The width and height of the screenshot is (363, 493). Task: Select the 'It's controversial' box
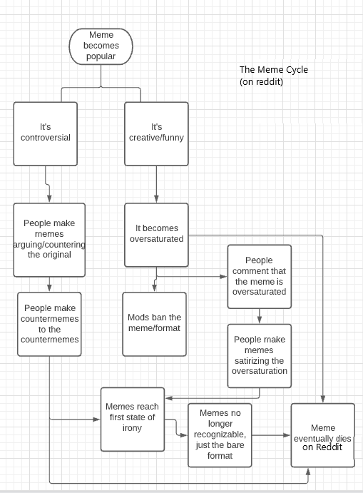[x=45, y=133]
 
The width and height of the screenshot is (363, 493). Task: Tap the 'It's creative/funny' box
[x=156, y=133]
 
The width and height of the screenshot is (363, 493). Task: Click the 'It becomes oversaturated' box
[x=156, y=233]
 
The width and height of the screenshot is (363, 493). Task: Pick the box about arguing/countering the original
[x=48, y=239]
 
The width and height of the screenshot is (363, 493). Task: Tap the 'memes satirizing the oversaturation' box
[x=260, y=355]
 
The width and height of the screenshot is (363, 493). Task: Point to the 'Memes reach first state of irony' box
[x=133, y=419]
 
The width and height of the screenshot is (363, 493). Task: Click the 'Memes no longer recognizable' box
[x=220, y=434]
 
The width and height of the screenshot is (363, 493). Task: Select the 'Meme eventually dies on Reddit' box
[x=322, y=434]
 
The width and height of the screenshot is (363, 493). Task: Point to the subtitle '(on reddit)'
[x=262, y=82]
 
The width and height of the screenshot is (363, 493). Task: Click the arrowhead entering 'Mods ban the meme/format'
[x=155, y=288]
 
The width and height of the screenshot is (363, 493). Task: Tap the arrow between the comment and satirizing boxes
[x=260, y=315]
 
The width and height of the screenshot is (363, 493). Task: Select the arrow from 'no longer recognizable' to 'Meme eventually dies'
[x=271, y=434]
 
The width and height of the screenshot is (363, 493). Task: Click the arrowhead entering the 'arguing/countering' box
[x=48, y=199]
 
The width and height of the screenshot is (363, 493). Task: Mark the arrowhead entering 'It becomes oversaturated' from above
[x=156, y=199]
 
